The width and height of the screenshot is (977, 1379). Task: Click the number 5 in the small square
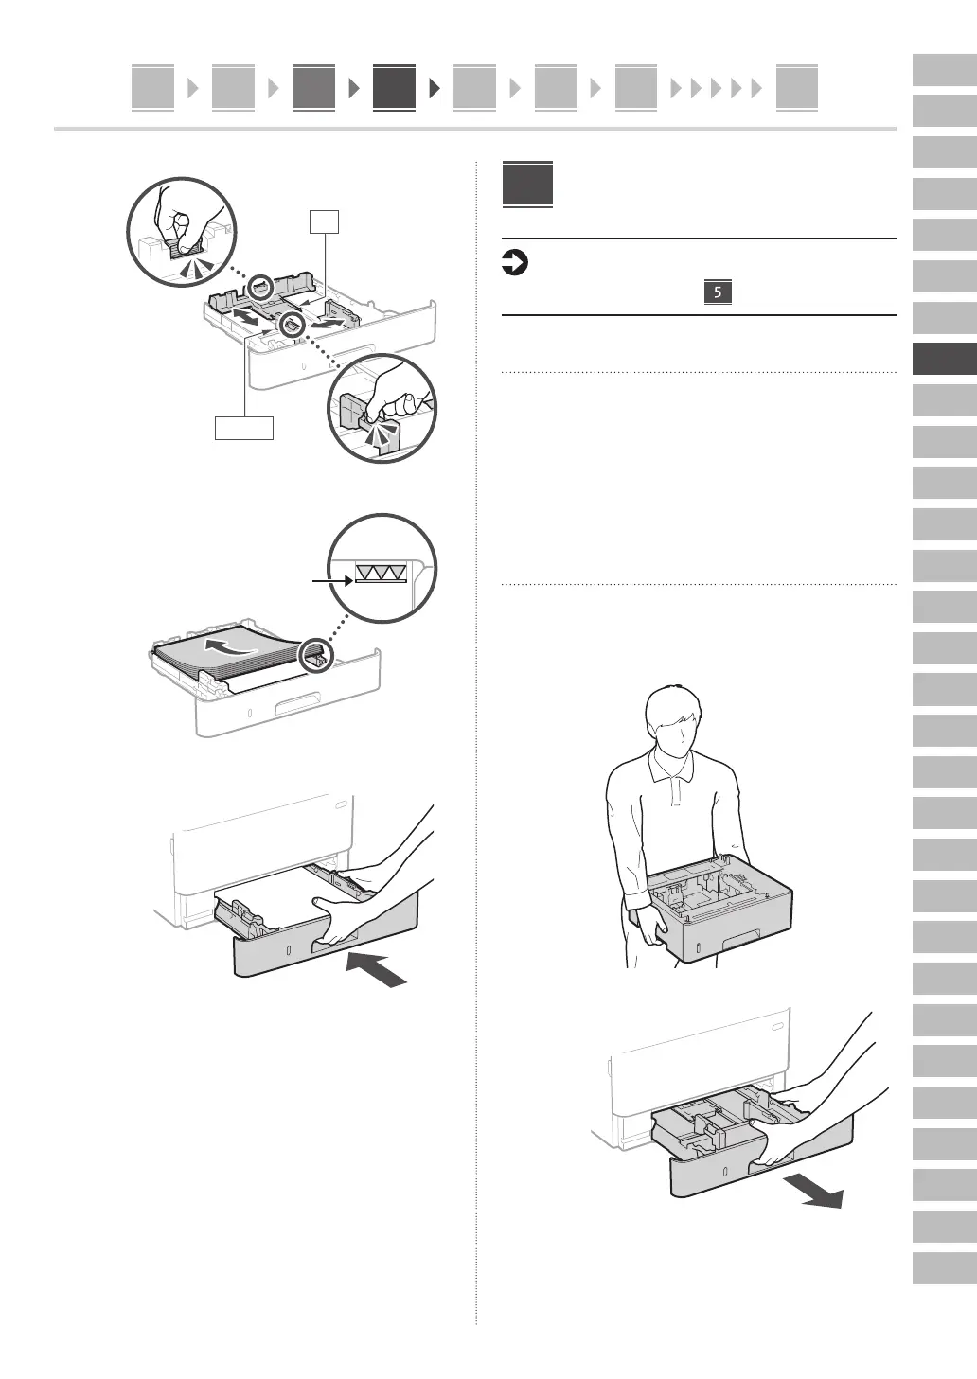click(718, 292)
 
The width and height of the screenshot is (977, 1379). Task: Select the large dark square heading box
click(527, 186)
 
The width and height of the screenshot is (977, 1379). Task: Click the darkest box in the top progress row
click(394, 88)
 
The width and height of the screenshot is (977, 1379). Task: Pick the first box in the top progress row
click(152, 88)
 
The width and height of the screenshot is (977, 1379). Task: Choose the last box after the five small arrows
click(796, 88)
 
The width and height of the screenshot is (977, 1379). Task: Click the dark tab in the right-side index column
click(944, 360)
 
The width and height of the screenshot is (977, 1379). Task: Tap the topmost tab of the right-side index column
click(944, 71)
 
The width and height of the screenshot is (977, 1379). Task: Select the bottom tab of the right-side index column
click(944, 1267)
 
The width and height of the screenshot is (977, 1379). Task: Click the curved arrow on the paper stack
click(233, 647)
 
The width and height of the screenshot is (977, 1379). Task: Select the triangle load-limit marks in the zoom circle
click(381, 571)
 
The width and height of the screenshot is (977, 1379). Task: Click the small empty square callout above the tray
click(325, 222)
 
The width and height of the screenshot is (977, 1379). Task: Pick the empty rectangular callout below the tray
click(244, 428)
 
